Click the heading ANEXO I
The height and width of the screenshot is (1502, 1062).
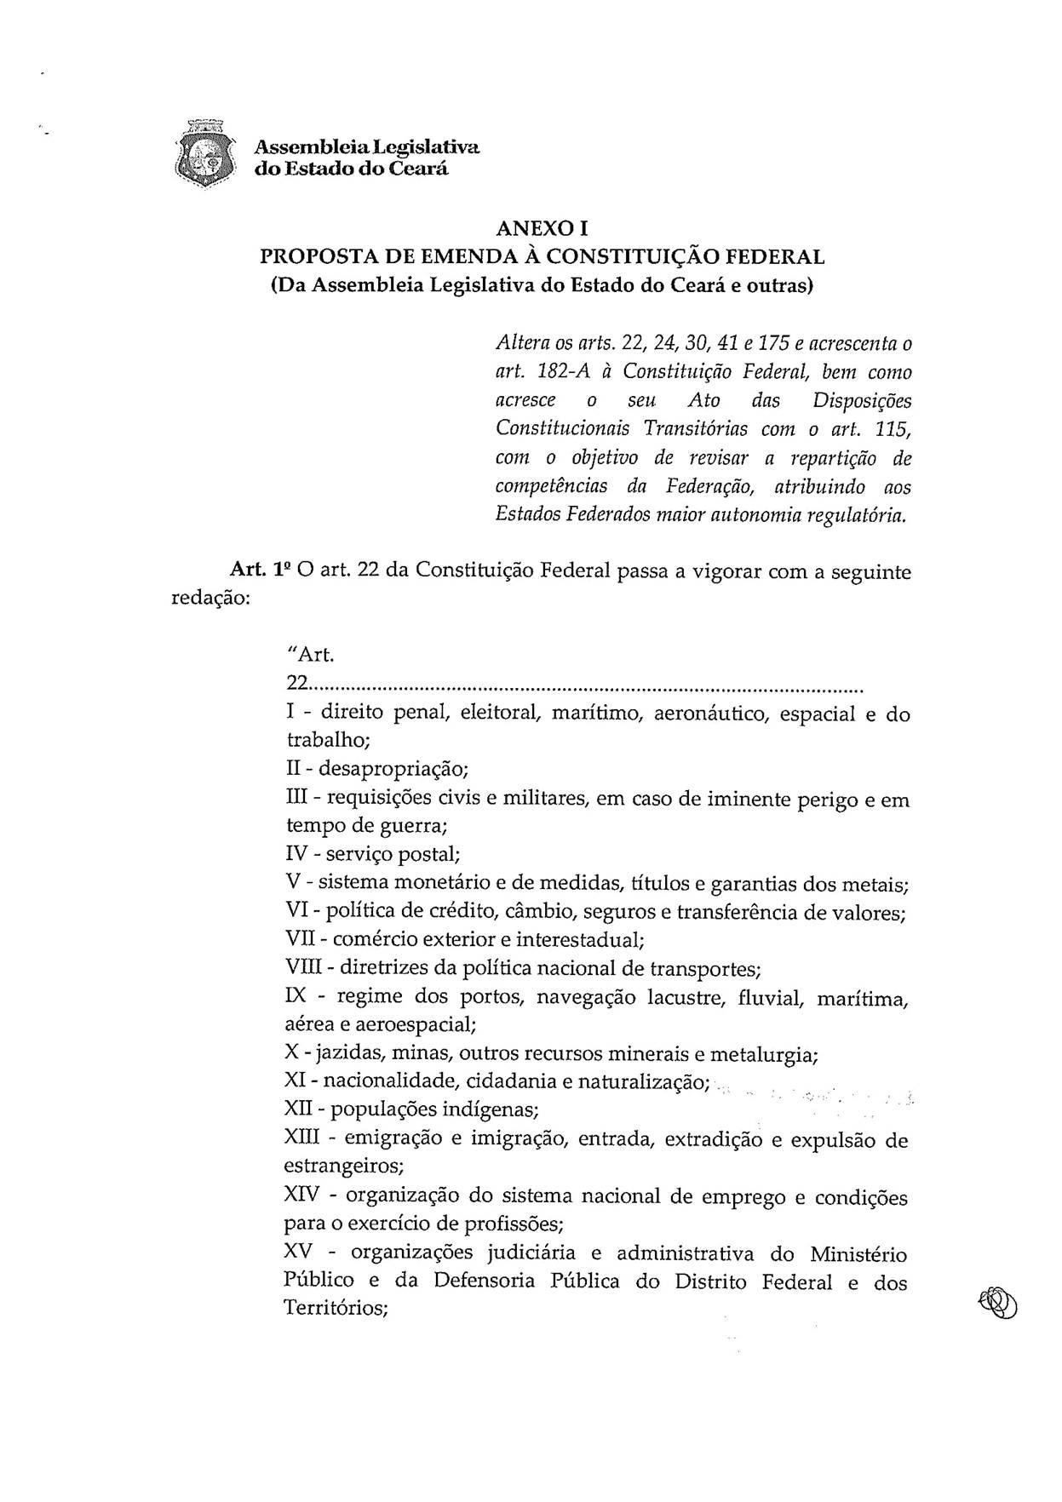(x=542, y=228)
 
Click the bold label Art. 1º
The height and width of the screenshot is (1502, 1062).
(x=261, y=571)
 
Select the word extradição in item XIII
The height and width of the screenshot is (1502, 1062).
(x=714, y=1140)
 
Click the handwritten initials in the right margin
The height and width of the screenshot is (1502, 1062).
(x=998, y=1303)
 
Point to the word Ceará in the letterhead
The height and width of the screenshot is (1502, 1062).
(x=418, y=169)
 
